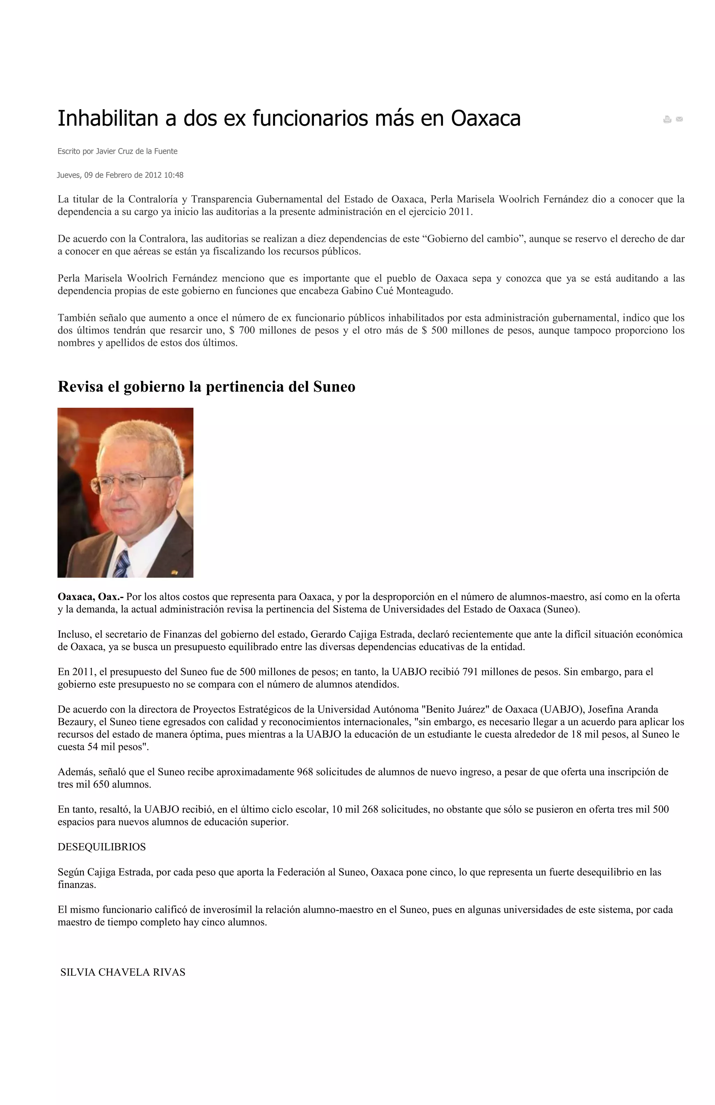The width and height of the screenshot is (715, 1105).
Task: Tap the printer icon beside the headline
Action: [667, 119]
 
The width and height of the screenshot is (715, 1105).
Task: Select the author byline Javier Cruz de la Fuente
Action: [137, 152]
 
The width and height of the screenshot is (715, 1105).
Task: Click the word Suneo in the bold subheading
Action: [334, 387]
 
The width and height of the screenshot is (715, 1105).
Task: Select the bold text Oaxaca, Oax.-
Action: [90, 597]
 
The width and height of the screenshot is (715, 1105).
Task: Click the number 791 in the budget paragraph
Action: [471, 672]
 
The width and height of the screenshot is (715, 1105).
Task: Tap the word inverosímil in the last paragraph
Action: [217, 909]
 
